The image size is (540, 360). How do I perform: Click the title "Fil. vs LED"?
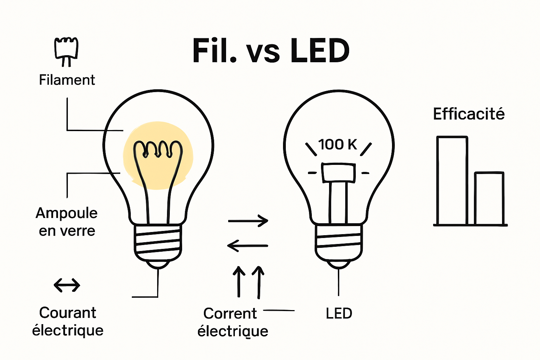point(271,51)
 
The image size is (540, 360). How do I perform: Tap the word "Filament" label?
point(67,80)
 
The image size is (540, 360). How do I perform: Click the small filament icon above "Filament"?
point(66,51)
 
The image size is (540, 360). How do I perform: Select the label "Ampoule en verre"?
point(67,222)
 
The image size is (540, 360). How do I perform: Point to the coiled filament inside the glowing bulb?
point(158,150)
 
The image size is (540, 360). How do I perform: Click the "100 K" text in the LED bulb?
point(337,144)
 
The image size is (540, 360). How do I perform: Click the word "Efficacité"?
point(469,114)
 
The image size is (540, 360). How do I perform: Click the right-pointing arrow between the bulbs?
point(248,221)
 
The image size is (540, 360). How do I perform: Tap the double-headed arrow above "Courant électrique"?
point(67,285)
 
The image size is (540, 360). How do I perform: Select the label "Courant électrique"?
point(67,321)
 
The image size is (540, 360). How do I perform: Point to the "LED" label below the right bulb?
point(339,313)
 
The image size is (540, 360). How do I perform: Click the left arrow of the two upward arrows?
point(239,281)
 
